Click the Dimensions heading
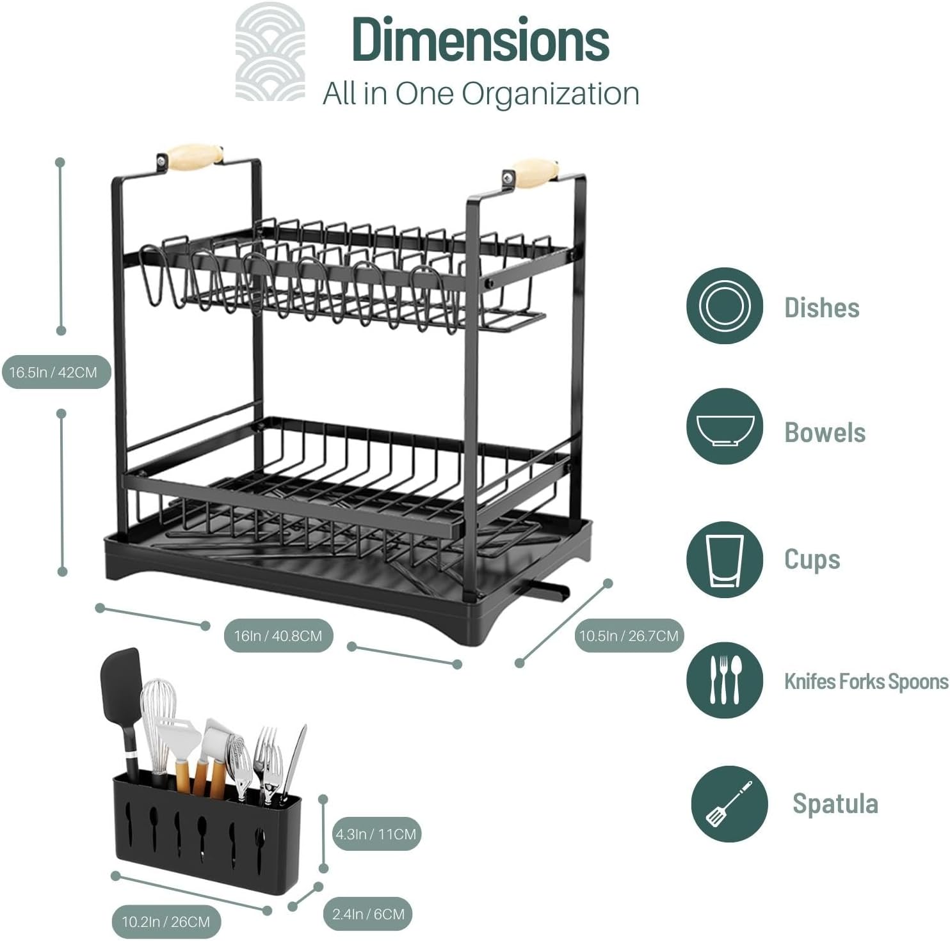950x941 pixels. click(x=480, y=40)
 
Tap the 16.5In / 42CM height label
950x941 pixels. click(x=54, y=372)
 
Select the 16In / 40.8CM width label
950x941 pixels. click(x=278, y=636)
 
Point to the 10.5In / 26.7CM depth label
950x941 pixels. click(x=629, y=636)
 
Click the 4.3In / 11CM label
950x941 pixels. click(x=376, y=834)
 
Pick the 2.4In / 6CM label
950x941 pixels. click(x=368, y=914)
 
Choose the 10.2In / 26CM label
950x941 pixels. click(x=166, y=922)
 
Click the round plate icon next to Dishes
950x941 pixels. click(x=724, y=306)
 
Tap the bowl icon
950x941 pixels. click(x=724, y=427)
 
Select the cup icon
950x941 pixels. click(x=724, y=560)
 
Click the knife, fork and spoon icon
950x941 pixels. click(x=724, y=680)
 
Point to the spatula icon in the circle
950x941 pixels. click(x=729, y=803)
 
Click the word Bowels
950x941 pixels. click(x=825, y=432)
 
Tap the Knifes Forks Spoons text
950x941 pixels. click(x=865, y=681)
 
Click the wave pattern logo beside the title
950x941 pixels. click(x=270, y=52)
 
